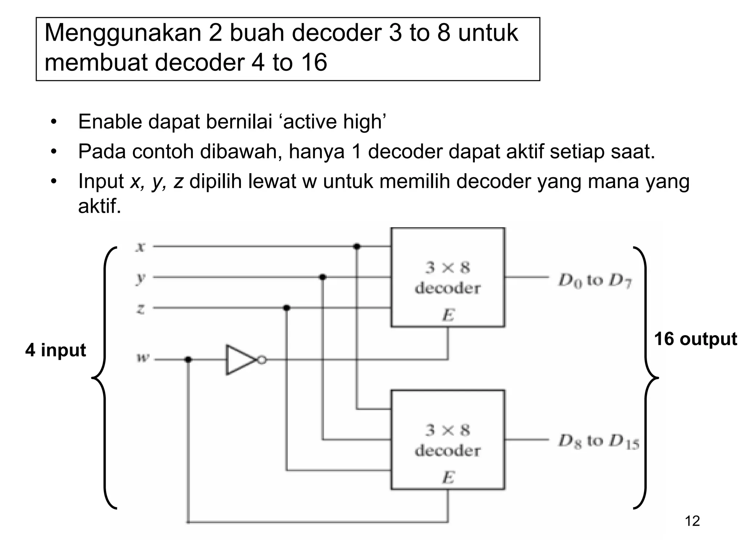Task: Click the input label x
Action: coord(140,247)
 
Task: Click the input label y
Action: coord(140,278)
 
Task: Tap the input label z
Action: coord(141,309)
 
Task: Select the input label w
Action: coord(142,358)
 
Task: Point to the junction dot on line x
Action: coord(357,247)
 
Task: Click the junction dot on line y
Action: coord(322,277)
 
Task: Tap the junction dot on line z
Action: coord(287,308)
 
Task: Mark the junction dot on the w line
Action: coord(188,360)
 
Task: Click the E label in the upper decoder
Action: coord(448,315)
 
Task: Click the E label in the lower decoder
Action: coord(448,477)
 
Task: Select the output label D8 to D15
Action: coord(598,442)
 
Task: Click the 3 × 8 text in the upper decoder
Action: coord(448,268)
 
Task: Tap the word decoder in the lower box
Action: coord(448,451)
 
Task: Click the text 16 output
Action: coord(695,339)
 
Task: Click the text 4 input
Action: coord(56,350)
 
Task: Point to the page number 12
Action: coord(692,521)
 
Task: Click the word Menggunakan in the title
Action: coord(122,33)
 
